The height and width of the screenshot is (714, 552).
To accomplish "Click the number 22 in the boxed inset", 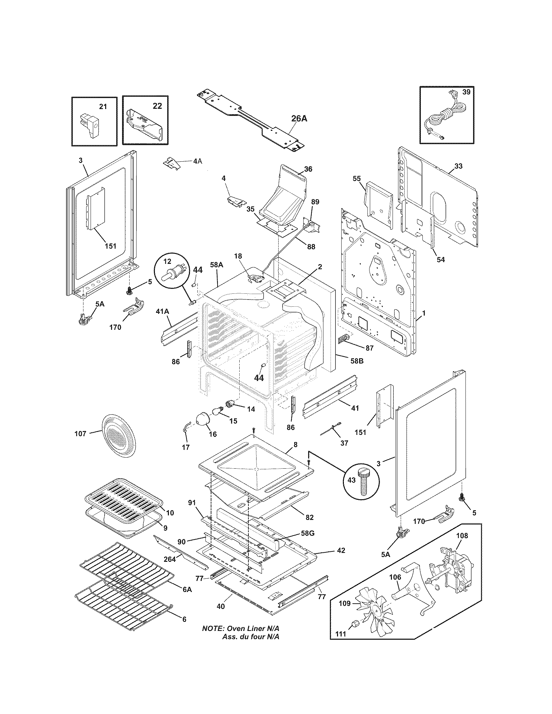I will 157,106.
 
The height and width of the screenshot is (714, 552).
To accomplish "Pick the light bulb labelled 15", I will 218,410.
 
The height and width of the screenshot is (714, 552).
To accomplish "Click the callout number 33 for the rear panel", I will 458,166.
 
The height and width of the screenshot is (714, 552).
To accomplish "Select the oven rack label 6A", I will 187,589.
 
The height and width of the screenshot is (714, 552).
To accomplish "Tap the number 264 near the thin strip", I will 169,559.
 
